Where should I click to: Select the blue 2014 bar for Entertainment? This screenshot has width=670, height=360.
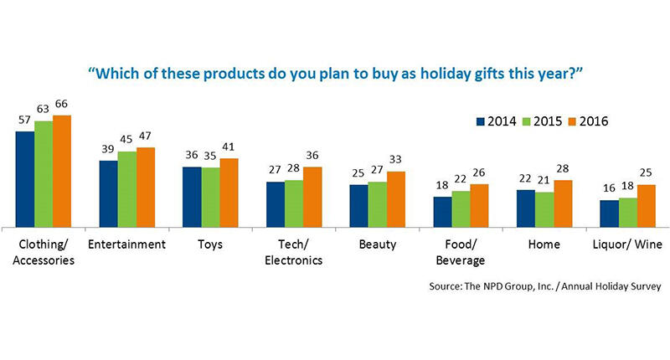coord(108,193)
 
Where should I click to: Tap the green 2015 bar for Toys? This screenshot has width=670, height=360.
coord(211,197)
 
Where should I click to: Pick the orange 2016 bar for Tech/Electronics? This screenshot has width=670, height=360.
coord(312,197)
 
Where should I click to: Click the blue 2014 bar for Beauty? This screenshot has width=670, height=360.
coord(359,205)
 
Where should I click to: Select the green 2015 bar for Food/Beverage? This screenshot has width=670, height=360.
coord(461,208)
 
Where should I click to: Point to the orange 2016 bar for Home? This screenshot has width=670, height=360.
coord(563,203)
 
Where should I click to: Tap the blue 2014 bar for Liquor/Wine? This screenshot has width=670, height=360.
coord(609,213)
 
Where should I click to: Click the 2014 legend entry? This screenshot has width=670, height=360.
coord(499,121)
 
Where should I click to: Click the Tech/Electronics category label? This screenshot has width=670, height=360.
coord(294,251)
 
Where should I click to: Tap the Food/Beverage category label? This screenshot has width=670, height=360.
coord(461,251)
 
